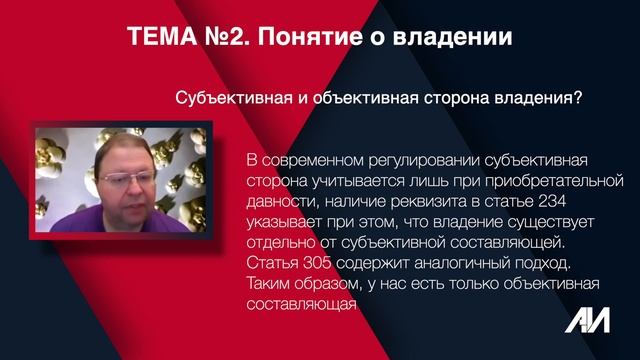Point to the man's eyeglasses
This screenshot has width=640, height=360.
[x=132, y=177]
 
